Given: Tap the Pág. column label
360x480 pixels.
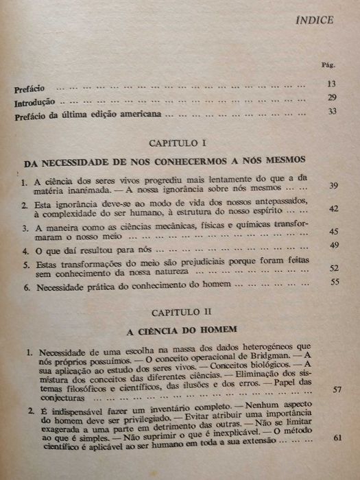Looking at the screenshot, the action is click(x=328, y=67).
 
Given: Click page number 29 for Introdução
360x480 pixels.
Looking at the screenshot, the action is click(x=332, y=98).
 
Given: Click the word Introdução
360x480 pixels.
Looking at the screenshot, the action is click(x=35, y=103).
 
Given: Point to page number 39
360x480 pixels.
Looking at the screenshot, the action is click(x=335, y=187).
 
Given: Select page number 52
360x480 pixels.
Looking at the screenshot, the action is click(x=336, y=269).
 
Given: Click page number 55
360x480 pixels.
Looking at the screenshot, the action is click(x=336, y=283).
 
